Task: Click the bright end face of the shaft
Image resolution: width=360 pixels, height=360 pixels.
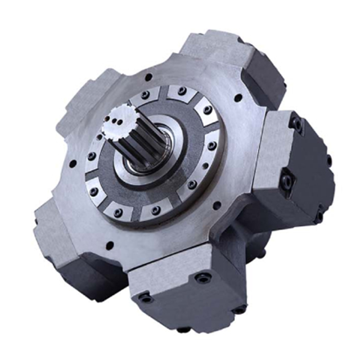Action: (x=117, y=120)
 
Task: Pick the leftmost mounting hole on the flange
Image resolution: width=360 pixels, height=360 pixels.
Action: (x=73, y=165)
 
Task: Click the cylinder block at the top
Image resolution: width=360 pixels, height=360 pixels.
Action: (x=225, y=56)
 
